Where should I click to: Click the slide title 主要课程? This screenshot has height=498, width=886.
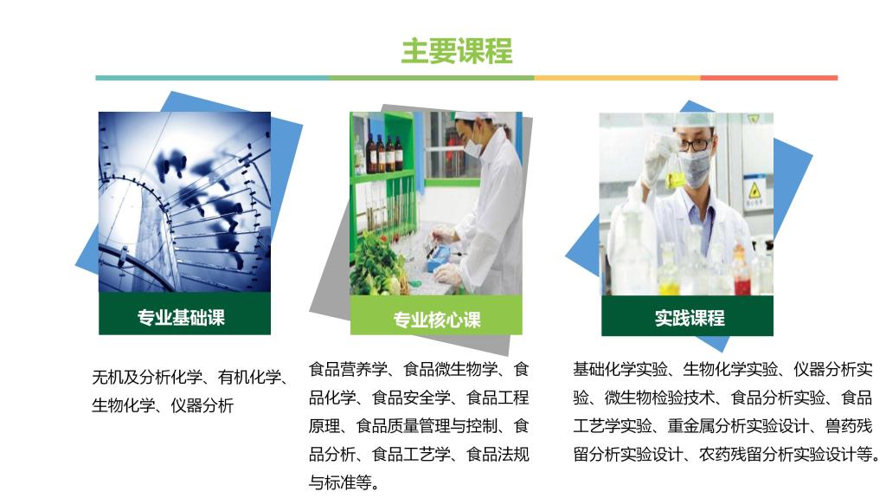pyautogui.click(x=457, y=51)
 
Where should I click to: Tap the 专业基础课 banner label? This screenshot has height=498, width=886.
pyautogui.click(x=181, y=318)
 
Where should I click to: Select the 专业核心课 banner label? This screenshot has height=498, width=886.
pyautogui.click(x=437, y=320)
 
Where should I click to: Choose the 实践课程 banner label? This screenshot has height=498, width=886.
pyautogui.click(x=690, y=318)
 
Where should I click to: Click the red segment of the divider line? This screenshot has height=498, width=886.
pyautogui.click(x=769, y=78)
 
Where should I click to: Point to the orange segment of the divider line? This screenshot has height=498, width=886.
pyautogui.click(x=617, y=78)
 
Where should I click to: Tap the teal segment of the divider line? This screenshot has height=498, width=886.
pyautogui.click(x=212, y=78)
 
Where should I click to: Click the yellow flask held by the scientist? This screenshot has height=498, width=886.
pyautogui.click(x=675, y=172)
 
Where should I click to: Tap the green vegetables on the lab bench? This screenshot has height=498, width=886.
pyautogui.click(x=377, y=266)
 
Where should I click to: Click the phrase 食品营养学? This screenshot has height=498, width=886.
pyautogui.click(x=348, y=370)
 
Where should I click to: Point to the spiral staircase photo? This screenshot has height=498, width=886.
pyautogui.click(x=185, y=202)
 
